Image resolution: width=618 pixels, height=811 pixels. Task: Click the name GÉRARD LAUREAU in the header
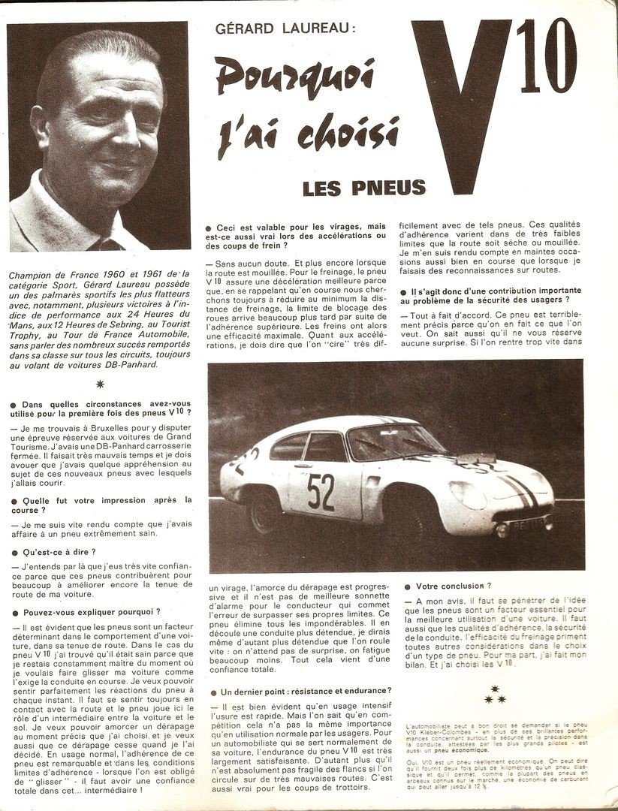pyautogui.click(x=283, y=29)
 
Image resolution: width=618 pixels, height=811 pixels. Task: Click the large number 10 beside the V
pyautogui.click(x=546, y=56)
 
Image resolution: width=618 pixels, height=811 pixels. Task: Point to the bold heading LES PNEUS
pyautogui.click(x=364, y=188)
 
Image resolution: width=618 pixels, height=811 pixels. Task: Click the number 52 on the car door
pyautogui.click(x=321, y=492)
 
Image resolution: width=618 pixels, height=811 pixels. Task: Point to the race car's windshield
pyautogui.click(x=382, y=444)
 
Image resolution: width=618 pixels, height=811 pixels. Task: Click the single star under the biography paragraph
pyautogui.click(x=100, y=384)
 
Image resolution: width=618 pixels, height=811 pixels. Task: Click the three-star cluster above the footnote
pyautogui.click(x=495, y=695)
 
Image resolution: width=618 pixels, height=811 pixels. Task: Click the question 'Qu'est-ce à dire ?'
pyautogui.click(x=54, y=552)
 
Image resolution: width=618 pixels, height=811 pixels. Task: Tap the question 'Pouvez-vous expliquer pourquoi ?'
pyautogui.click(x=91, y=612)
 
